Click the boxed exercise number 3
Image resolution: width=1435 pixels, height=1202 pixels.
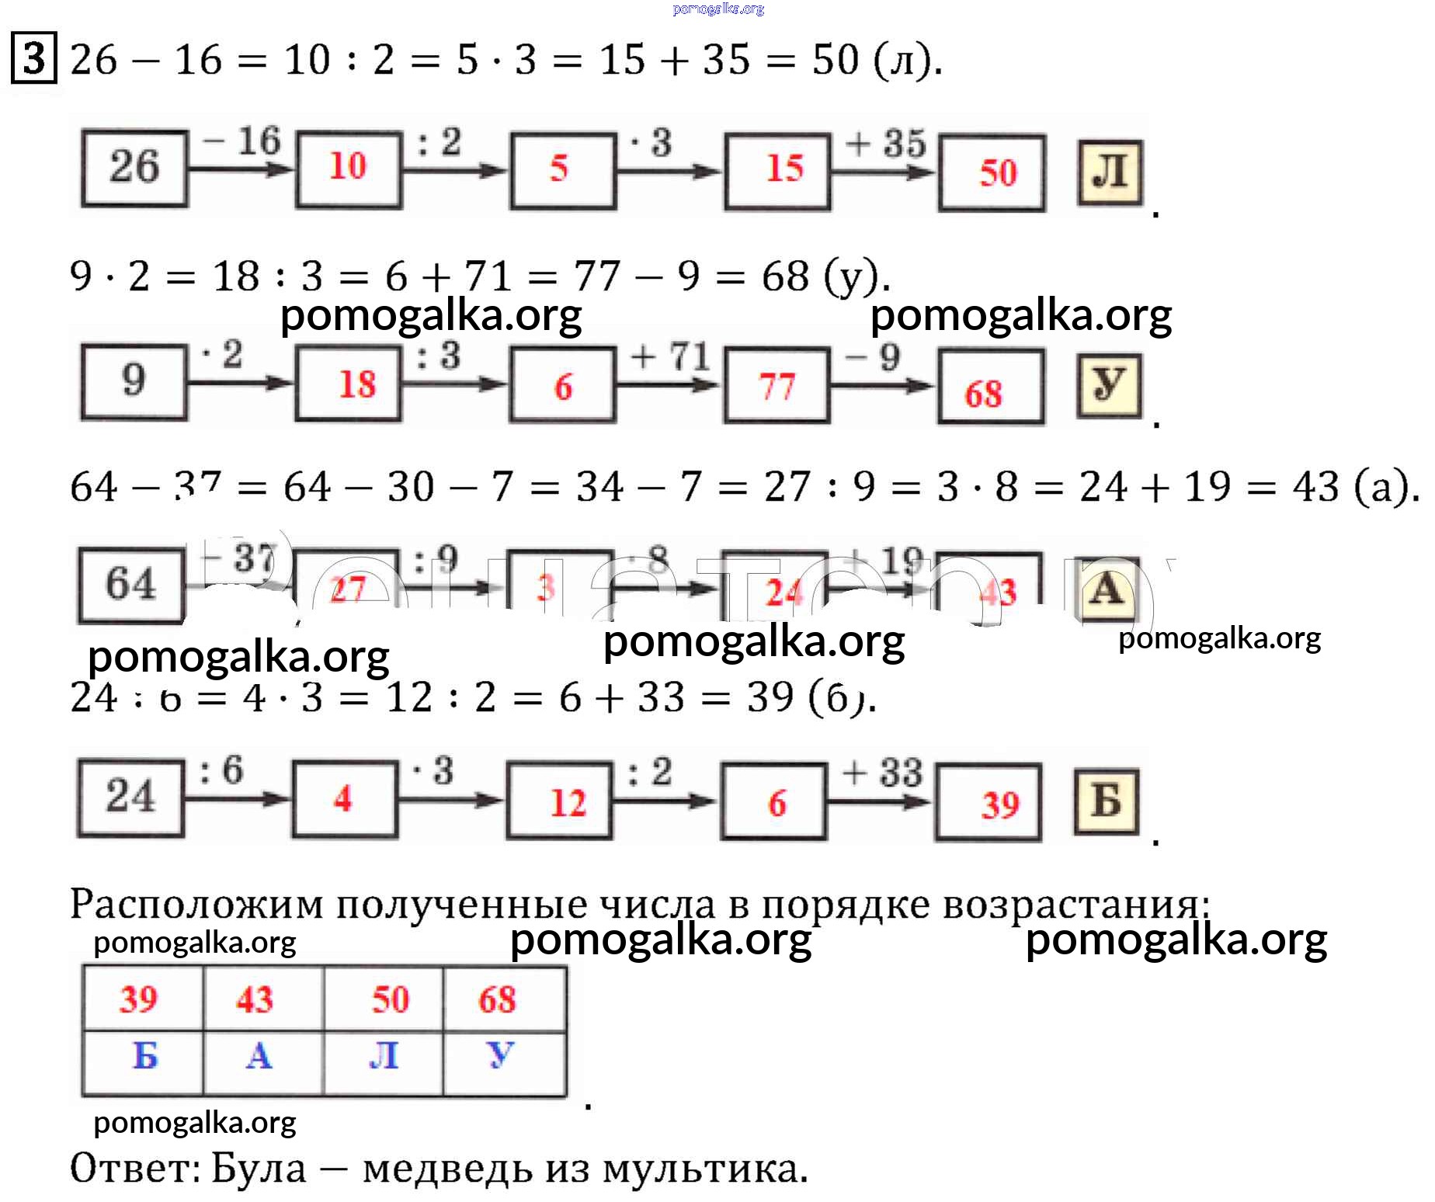coord(33,57)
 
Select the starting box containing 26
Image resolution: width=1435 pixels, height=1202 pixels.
coord(134,168)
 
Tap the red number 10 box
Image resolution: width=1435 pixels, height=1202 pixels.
coord(348,168)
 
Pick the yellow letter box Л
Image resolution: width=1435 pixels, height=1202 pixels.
coord(1110,172)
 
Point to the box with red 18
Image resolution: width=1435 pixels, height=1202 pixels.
coord(348,384)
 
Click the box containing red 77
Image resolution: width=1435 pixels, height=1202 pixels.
coord(777,385)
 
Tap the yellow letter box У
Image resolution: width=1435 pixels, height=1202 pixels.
coord(1109,385)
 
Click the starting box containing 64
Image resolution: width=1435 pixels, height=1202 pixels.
coord(131,585)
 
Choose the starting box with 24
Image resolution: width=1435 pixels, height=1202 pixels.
coord(130,798)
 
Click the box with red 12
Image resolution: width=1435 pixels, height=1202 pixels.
coord(559,801)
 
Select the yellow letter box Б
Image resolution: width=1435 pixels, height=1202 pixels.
coord(1107,801)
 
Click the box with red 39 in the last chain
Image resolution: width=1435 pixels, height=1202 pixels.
coord(988,803)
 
